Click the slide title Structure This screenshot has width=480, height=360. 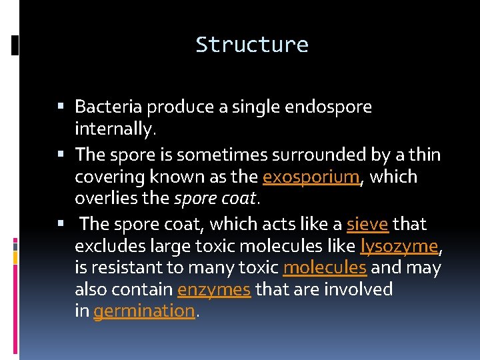[252, 45]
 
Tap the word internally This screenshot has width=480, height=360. [115, 129]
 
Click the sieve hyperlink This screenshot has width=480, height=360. [367, 225]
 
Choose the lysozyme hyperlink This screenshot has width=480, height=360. [399, 247]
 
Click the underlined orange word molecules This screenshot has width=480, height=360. [325, 268]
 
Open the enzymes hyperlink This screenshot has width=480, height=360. [214, 290]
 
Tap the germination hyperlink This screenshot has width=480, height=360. [145, 311]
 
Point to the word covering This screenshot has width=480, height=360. [104, 177]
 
